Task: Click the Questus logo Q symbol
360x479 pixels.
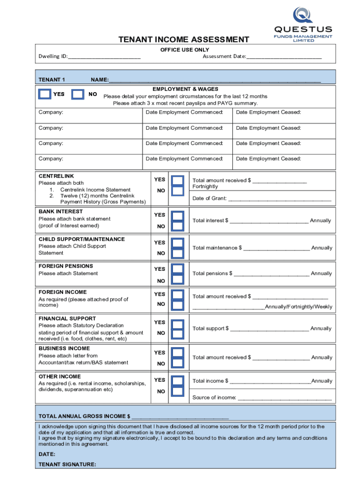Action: click(302, 15)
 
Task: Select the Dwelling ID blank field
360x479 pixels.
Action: click(104, 57)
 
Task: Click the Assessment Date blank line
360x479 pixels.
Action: click(284, 57)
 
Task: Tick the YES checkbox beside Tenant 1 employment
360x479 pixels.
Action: click(44, 94)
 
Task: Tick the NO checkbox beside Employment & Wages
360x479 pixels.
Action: click(78, 94)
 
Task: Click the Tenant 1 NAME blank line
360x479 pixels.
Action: click(215, 80)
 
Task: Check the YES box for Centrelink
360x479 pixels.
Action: click(178, 180)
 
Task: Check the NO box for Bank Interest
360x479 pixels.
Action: click(178, 226)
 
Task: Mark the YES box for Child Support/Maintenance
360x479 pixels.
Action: click(178, 243)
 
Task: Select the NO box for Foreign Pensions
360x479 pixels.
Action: click(178, 279)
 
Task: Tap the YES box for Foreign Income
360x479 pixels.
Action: click(178, 294)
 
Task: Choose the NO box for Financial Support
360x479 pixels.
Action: click(178, 334)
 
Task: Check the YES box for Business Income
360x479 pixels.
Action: click(178, 352)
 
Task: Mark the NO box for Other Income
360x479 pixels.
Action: click(178, 391)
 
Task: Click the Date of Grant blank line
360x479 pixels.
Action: click(280, 199)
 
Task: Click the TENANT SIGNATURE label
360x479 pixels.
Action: click(67, 464)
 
